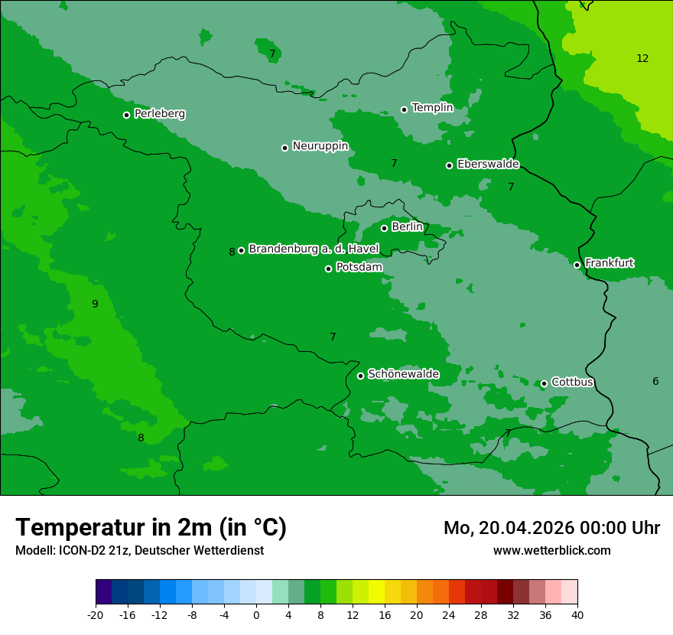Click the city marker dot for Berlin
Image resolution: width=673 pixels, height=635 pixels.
click(384, 228)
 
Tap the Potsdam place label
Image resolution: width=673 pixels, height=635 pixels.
click(359, 267)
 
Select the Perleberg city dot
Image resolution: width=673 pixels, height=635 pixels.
click(126, 115)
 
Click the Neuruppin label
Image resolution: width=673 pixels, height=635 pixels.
click(320, 146)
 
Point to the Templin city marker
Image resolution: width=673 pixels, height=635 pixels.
click(404, 109)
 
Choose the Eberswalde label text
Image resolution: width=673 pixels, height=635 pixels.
click(488, 164)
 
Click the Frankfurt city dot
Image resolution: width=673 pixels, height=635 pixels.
click(577, 265)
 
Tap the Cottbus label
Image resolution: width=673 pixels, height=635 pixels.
click(572, 382)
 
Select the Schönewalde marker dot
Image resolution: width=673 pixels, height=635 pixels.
click(360, 376)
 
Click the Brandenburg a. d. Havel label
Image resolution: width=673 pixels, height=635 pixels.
click(314, 249)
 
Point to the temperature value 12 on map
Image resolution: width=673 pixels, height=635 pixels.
click(642, 58)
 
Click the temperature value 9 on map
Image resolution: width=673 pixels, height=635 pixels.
click(95, 304)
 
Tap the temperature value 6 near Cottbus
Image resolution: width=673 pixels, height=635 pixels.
click(655, 381)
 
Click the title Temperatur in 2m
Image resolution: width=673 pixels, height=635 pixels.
click(151, 527)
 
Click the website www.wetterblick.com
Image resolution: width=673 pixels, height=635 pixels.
click(551, 550)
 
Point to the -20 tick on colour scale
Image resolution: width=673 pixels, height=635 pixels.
click(96, 614)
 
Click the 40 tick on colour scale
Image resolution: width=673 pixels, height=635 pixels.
click(577, 614)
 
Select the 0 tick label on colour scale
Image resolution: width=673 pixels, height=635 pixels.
click(256, 614)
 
